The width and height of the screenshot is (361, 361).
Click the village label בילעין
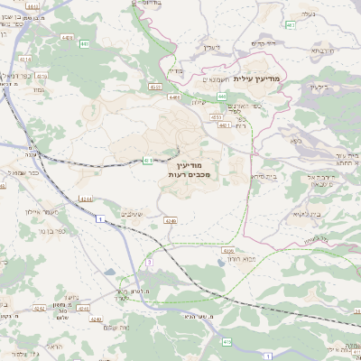click(318, 87)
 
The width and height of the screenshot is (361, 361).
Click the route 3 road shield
click(148, 262)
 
